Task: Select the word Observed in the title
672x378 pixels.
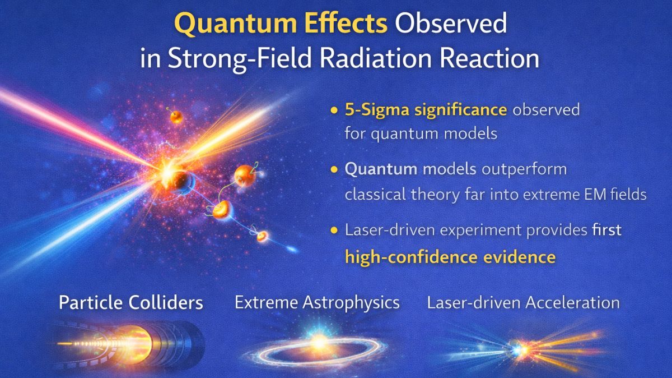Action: pos(451,25)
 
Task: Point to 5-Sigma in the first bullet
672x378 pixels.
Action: pos(370,110)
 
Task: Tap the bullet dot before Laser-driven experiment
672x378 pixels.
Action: pos(335,231)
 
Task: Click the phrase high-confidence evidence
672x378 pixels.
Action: pos(450,257)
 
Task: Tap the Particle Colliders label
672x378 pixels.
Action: pos(131,303)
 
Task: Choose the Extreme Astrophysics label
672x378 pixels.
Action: pos(317,303)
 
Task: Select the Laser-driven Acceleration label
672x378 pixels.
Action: pos(523,303)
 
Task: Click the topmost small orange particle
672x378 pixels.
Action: pos(176,117)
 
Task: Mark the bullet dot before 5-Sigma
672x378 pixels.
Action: pos(335,110)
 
